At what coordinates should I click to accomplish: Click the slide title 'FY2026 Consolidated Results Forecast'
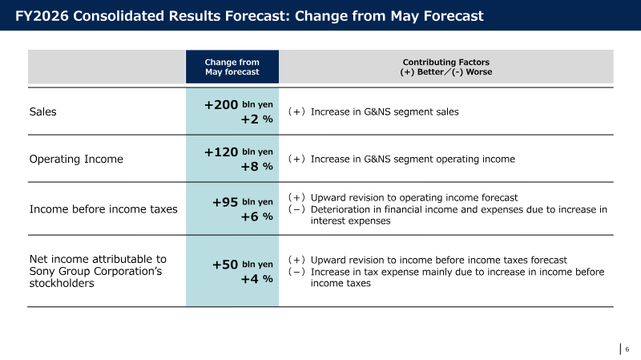tap(249, 16)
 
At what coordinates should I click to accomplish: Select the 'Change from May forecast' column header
tap(232, 67)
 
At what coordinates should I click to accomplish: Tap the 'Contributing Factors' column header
tap(446, 67)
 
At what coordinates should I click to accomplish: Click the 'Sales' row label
tap(43, 111)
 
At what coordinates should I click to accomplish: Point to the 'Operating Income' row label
tap(76, 159)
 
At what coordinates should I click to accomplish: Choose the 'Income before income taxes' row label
tap(103, 209)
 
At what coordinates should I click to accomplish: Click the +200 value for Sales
tap(221, 105)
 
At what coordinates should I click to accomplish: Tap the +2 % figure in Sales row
tap(256, 119)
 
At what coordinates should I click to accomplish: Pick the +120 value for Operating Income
tap(221, 152)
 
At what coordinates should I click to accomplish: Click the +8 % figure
tap(256, 167)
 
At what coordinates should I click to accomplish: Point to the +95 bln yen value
tap(243, 202)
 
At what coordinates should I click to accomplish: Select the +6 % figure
tap(256, 216)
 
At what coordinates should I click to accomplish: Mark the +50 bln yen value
tap(243, 265)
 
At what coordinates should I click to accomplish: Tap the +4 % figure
tap(256, 279)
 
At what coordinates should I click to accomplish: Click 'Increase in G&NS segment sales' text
tap(385, 111)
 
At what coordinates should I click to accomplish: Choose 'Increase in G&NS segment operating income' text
tap(413, 159)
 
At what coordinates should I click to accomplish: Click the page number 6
tap(627, 350)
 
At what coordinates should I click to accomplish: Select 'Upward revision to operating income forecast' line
tap(414, 197)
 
